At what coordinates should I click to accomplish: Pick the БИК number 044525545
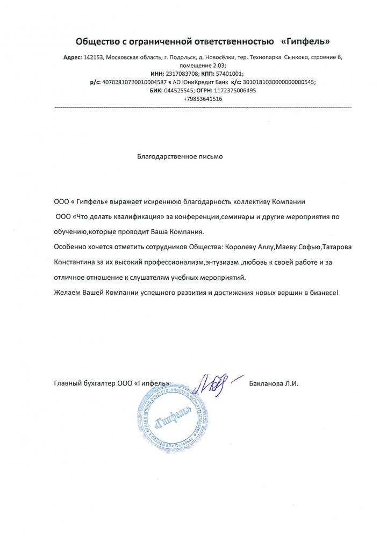[x=166, y=91]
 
